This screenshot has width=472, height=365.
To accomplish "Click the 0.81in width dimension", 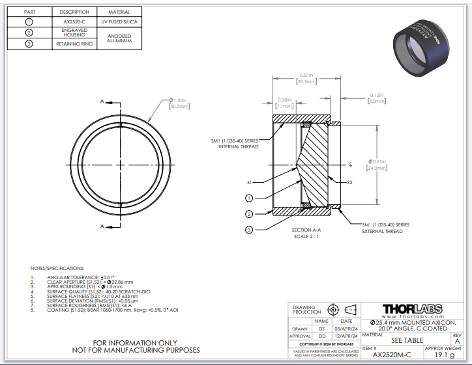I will coord(306,78).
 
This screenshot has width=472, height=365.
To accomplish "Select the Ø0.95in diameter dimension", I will coord(377,164).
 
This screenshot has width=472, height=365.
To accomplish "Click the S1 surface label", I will coord(249,183).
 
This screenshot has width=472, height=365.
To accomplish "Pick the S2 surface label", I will coord(349,183).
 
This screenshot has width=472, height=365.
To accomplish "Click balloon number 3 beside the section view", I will coord(249,229).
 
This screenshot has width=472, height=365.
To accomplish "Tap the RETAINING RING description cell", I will coord(74,44).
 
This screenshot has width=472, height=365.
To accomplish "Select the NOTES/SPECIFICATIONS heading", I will coord(57,268).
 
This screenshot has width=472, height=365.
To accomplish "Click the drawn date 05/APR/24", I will coord(343,328).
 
